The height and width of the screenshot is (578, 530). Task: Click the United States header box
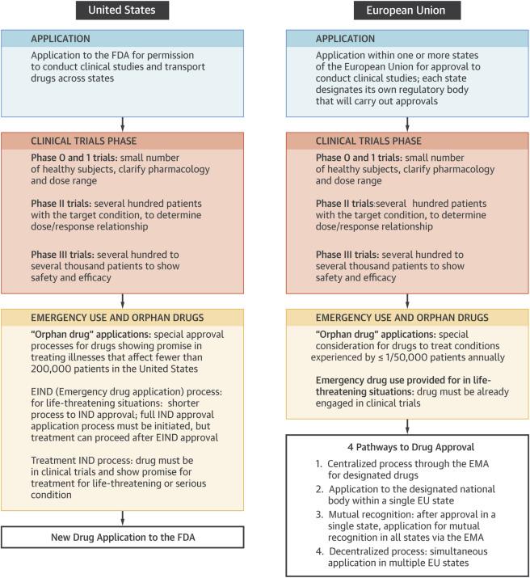pos(122,11)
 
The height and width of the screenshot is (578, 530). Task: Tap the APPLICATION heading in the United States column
pos(61,38)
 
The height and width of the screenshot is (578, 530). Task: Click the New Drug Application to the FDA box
pos(123,538)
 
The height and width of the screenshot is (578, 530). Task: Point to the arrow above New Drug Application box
pos(123,517)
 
